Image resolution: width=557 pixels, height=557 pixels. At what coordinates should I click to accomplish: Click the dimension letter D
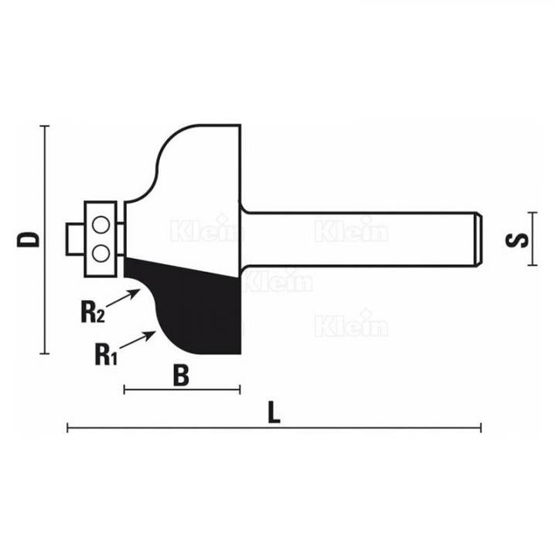coord(29,237)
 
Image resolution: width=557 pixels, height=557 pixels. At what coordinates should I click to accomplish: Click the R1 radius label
coord(104,355)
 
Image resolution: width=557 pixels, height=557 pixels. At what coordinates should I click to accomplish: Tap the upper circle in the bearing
coord(101,226)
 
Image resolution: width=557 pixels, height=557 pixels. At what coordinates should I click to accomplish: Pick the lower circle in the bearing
coord(101,252)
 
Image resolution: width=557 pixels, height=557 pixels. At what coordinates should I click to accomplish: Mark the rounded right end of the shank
coord(480,238)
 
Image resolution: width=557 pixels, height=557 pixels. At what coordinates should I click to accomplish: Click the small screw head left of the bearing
coord(74,238)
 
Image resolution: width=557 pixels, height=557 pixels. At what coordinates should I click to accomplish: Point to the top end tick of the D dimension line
coord(44,125)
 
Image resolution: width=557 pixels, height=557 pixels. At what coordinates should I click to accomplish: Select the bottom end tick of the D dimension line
coord(44,354)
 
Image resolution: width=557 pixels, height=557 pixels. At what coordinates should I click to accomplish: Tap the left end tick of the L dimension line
coord(68,427)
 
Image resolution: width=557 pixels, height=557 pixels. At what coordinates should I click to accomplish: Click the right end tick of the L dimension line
coord(481,427)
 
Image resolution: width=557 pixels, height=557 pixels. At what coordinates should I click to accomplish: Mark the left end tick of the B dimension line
coord(125,389)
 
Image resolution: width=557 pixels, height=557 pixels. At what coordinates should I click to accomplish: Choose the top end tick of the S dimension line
coord(531,212)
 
